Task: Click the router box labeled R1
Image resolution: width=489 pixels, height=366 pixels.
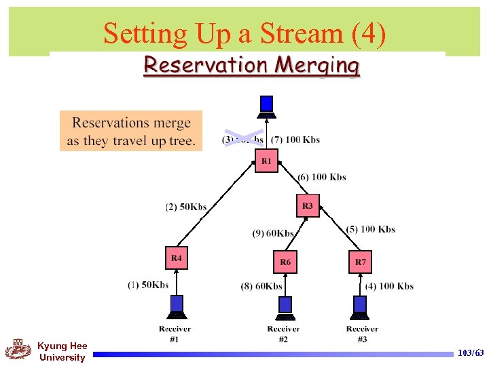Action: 266,161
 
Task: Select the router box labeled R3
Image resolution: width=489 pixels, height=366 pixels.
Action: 308,205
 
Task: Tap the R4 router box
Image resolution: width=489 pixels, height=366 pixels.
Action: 177,258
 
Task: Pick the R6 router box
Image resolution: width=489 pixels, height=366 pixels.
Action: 285,262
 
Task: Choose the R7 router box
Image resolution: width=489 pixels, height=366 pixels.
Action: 360,262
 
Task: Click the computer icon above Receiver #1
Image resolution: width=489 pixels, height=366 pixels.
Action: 177,306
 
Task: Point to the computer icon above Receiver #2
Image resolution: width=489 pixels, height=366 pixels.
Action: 285,306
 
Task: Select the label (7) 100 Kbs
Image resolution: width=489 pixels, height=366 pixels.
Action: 295,140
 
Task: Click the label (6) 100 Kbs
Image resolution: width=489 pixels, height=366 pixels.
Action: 322,177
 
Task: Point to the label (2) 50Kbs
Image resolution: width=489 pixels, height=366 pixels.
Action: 186,207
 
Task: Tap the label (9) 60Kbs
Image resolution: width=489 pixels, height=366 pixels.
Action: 273,233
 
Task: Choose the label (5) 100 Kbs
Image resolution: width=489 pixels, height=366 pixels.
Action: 370,229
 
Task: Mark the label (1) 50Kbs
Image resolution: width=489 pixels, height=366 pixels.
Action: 148,285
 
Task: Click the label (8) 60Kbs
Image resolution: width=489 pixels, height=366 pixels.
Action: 261,286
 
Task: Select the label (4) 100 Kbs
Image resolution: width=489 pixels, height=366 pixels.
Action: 389,286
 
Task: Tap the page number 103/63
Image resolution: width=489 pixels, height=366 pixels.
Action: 471,354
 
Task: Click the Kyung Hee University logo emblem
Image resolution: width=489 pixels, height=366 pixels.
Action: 18,350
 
